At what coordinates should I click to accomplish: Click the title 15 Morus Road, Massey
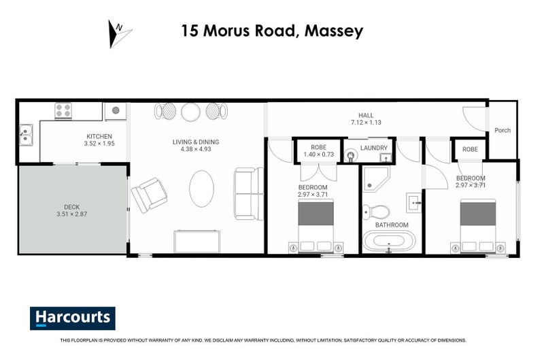pyautogui.click(x=272, y=31)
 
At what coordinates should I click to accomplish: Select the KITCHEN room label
pyautogui.click(x=99, y=136)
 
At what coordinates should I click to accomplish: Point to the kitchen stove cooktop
pyautogui.click(x=63, y=110)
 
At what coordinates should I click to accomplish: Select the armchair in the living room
pyautogui.click(x=149, y=194)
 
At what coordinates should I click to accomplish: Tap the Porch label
pyautogui.click(x=503, y=131)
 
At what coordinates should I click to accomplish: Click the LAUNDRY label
pyautogui.click(x=374, y=148)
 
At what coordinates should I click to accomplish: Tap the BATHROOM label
pyautogui.click(x=392, y=225)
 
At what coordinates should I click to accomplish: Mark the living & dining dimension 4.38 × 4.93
pyautogui.click(x=196, y=150)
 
